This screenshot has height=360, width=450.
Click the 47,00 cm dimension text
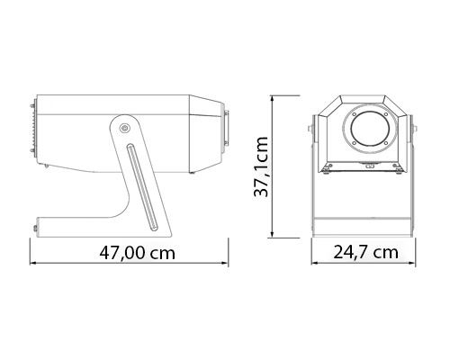pyautogui.click(x=137, y=252)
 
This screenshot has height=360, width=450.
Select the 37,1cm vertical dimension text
pyautogui.click(x=264, y=166)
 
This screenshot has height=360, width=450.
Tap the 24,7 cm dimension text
pyautogui.click(x=365, y=252)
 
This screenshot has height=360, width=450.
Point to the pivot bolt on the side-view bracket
pyautogui.click(x=125, y=130)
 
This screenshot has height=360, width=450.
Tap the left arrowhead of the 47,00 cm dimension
pyautogui.click(x=34, y=265)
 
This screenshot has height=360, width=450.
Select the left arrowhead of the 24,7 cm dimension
pyautogui.click(x=314, y=265)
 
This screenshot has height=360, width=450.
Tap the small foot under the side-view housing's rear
pyautogui.click(x=44, y=166)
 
